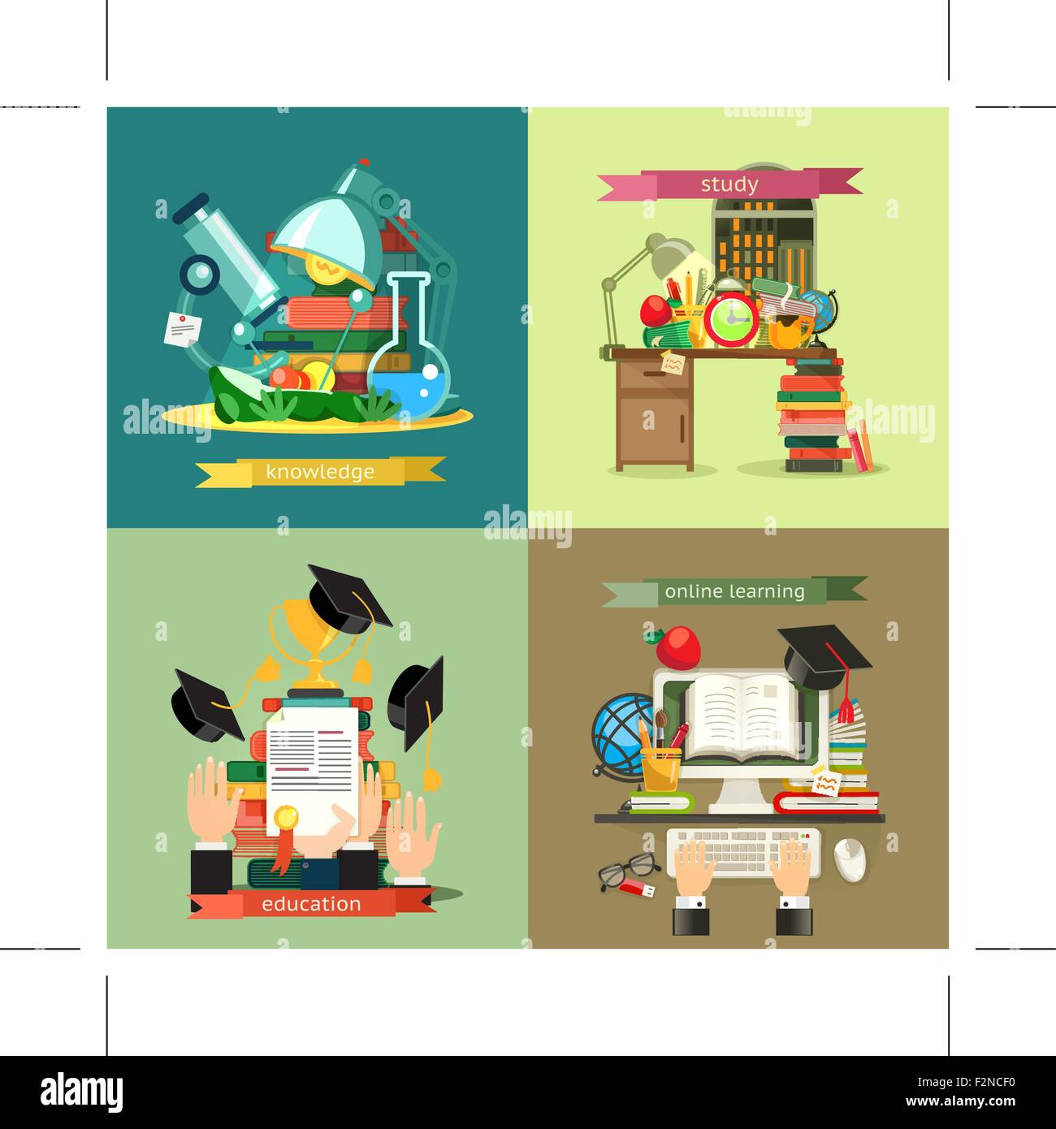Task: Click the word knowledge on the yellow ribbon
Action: point(319,472)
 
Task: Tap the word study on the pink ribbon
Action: point(729,184)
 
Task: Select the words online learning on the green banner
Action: point(734,591)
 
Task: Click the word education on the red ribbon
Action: point(311,904)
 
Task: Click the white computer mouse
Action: point(850,860)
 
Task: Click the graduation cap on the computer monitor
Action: point(824,655)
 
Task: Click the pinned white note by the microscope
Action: point(179,328)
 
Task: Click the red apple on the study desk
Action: point(655,309)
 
